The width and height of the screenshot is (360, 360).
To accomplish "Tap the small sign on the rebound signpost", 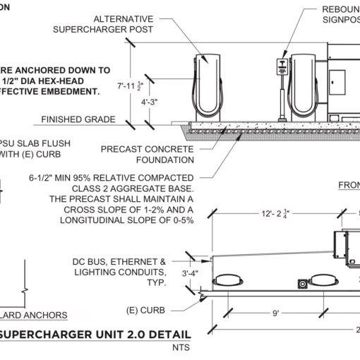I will click(x=284, y=64).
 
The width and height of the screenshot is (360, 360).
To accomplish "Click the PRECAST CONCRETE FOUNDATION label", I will click(x=146, y=155).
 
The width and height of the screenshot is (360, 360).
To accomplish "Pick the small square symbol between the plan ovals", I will click(x=303, y=284).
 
